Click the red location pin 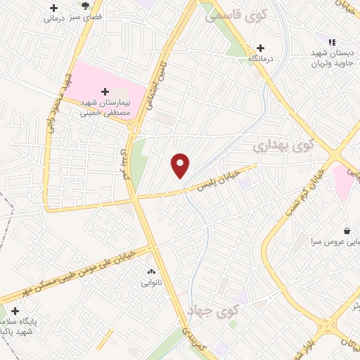(181, 165)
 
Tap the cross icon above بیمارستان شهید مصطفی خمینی (105, 91)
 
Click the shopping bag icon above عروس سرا (347, 230)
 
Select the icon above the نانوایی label (150, 271)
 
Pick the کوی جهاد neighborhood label (214, 309)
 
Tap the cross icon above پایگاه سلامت (15, 311)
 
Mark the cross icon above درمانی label (54, 8)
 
